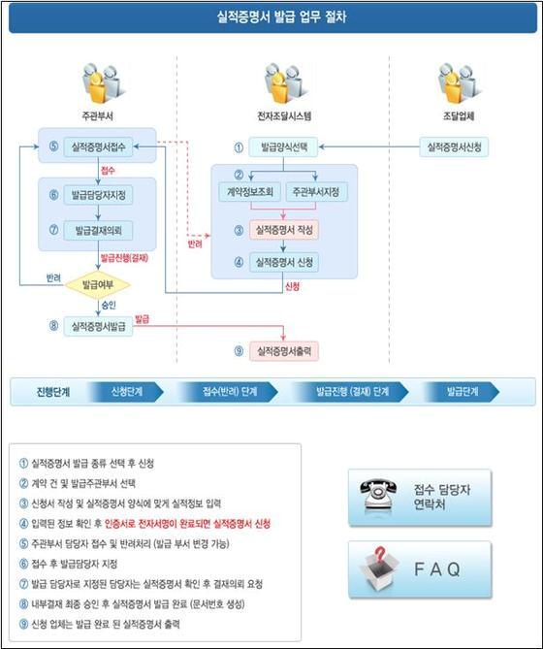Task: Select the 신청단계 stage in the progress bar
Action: coord(127,392)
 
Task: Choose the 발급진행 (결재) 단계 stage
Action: coord(352,392)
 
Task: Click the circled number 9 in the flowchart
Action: coord(239,351)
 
